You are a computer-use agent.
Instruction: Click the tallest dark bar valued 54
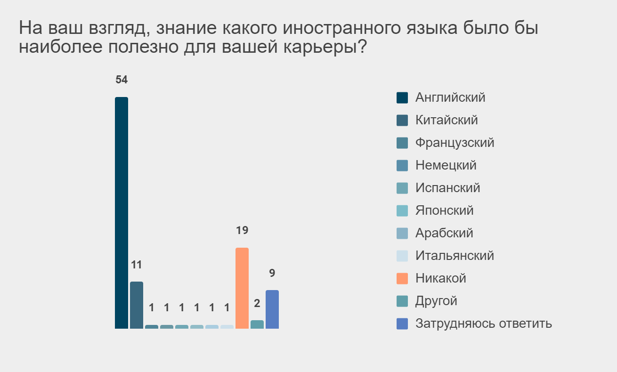(x=122, y=213)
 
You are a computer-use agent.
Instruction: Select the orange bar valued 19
(x=242, y=288)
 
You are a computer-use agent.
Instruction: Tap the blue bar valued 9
(x=272, y=309)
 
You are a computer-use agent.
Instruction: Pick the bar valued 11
(x=137, y=305)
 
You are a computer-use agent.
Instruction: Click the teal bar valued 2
(x=257, y=324)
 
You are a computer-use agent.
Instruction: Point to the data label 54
(x=122, y=80)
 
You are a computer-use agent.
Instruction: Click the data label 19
(x=242, y=230)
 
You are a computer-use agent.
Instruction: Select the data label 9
(x=272, y=273)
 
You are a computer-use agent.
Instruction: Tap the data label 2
(x=257, y=303)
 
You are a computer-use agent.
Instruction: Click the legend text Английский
(x=450, y=97)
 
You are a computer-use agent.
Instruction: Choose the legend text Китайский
(x=447, y=120)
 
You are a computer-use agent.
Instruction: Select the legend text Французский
(x=455, y=143)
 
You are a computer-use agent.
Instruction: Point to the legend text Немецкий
(x=446, y=165)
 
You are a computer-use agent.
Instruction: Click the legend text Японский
(x=445, y=210)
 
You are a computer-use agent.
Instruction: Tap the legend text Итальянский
(x=455, y=256)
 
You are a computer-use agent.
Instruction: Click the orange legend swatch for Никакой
(x=402, y=278)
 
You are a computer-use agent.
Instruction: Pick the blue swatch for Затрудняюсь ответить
(x=402, y=323)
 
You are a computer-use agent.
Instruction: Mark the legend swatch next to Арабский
(x=402, y=233)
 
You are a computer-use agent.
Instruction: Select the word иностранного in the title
(x=341, y=28)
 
